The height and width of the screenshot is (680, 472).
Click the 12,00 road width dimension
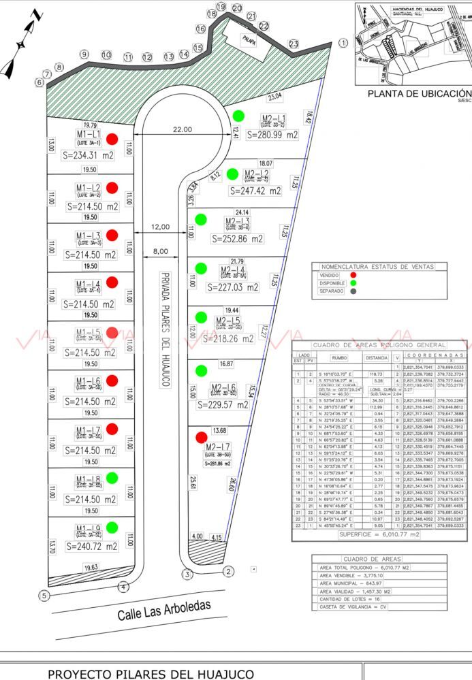pos(160,227)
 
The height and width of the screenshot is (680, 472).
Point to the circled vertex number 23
pos(294,44)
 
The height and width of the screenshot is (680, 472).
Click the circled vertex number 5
pos(44,595)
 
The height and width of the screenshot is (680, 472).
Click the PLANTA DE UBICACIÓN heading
pos(419,93)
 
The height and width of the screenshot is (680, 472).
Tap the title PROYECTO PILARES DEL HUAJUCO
pos(151,674)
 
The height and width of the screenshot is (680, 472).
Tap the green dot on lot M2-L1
pos(238,115)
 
